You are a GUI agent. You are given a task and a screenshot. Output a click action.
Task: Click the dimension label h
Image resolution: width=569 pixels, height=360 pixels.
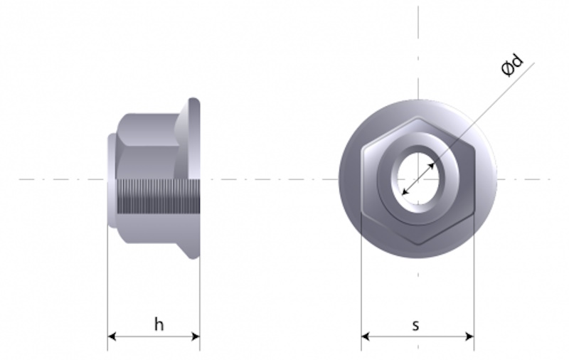coord(159,324)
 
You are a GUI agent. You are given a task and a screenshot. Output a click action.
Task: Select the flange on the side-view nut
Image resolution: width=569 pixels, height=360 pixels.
coord(192,178)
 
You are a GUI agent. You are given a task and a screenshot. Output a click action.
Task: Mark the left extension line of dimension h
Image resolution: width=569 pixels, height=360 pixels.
coord(107,285)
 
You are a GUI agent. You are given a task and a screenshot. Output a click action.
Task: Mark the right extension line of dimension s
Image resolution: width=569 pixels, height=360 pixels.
coord(474,285)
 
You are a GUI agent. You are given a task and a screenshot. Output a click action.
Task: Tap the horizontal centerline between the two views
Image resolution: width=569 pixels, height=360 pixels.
coord(270,179)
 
